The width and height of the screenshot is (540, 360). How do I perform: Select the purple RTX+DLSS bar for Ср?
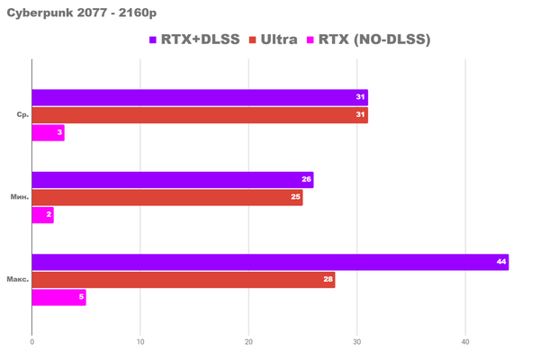pyautogui.click(x=200, y=97)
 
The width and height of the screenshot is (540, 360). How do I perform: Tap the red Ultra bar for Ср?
pyautogui.click(x=200, y=115)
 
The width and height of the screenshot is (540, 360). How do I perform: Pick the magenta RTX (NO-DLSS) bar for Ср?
pyautogui.click(x=48, y=133)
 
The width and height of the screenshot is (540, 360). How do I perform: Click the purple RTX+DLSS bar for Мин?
pyautogui.click(x=173, y=180)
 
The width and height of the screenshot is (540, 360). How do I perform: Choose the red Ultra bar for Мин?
pyautogui.click(x=167, y=197)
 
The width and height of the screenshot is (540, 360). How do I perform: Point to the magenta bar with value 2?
pyautogui.click(x=42, y=215)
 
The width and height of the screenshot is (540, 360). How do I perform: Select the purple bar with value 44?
pyautogui.click(x=270, y=262)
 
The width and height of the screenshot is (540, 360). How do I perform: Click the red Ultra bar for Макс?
pyautogui.click(x=184, y=280)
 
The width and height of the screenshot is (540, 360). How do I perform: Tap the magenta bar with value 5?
pyautogui.click(x=58, y=297)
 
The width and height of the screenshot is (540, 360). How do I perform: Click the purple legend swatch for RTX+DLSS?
pyautogui.click(x=153, y=40)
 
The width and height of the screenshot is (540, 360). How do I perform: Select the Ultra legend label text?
pyautogui.click(x=281, y=40)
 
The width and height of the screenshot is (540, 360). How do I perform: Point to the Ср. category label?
pyautogui.click(x=22, y=115)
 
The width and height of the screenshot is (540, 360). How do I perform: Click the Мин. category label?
pyautogui.click(x=20, y=197)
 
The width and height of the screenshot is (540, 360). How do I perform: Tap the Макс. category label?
pyautogui.click(x=18, y=280)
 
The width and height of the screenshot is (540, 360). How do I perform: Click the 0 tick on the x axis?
pyautogui.click(x=32, y=342)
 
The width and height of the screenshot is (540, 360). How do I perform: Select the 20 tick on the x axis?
pyautogui.click(x=248, y=342)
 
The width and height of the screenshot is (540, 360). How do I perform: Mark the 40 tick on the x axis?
pyautogui.click(x=465, y=342)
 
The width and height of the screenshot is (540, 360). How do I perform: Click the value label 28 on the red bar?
pyautogui.click(x=327, y=280)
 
